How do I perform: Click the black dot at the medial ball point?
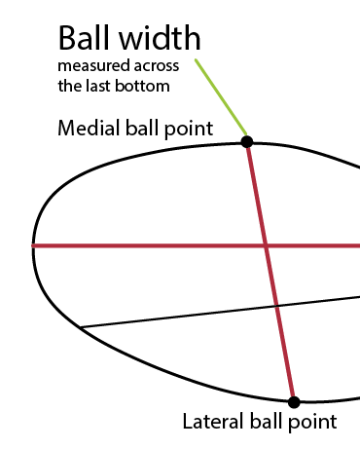click(247, 141)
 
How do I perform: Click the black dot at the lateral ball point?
click(293, 401)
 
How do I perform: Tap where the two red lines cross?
click(265, 245)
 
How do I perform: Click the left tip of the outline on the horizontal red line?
click(34, 245)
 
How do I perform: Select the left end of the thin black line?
click(80, 326)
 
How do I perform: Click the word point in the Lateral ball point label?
click(313, 422)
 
